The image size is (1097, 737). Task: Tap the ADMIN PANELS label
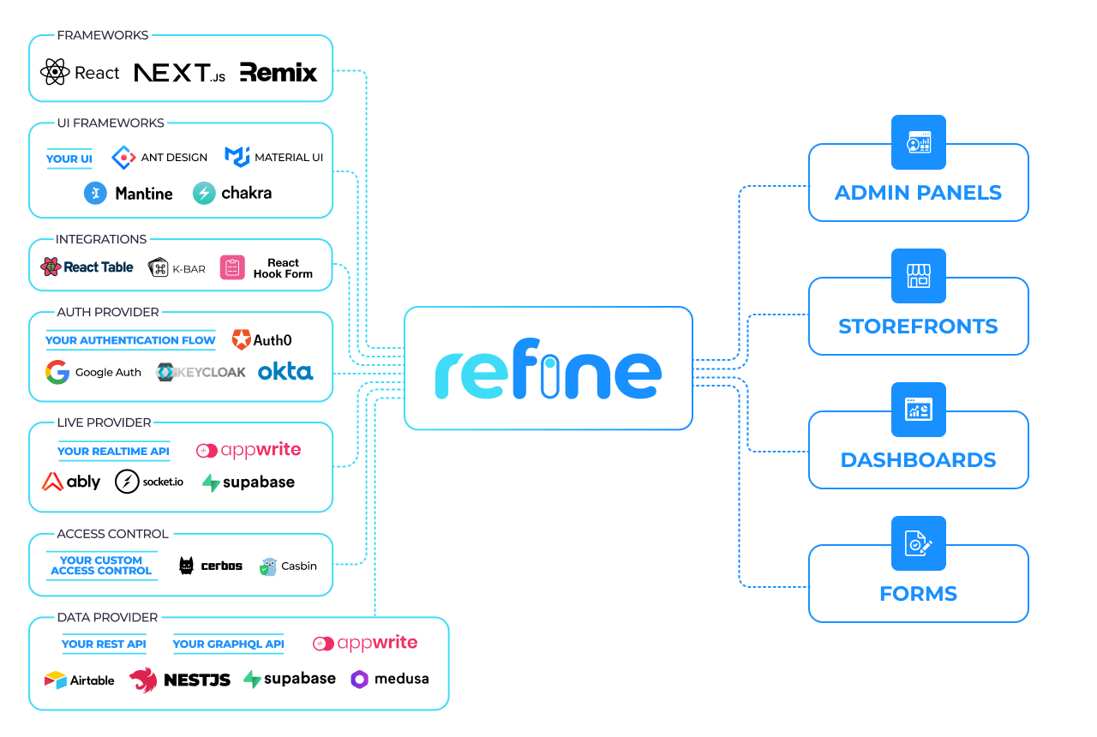[918, 193]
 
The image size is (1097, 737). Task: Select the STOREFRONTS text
[918, 327]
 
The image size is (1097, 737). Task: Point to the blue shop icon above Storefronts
[918, 276]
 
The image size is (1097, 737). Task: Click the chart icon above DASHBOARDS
[918, 410]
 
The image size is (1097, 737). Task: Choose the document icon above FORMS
[918, 543]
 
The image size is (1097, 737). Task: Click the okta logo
[285, 372]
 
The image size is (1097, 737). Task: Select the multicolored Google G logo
[57, 372]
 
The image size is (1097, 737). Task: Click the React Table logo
[87, 267]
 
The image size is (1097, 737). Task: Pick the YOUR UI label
[69, 159]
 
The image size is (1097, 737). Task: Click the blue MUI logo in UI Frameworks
[237, 156]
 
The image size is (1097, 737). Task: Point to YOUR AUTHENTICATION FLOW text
[130, 340]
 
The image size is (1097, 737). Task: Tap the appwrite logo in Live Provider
[249, 451]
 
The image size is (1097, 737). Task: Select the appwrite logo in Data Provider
[365, 644]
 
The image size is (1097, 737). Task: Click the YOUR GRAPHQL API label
[228, 644]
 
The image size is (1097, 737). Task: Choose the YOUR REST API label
[104, 644]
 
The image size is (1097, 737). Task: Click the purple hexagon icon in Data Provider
[359, 680]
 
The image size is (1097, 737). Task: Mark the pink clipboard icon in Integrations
[232, 267]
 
